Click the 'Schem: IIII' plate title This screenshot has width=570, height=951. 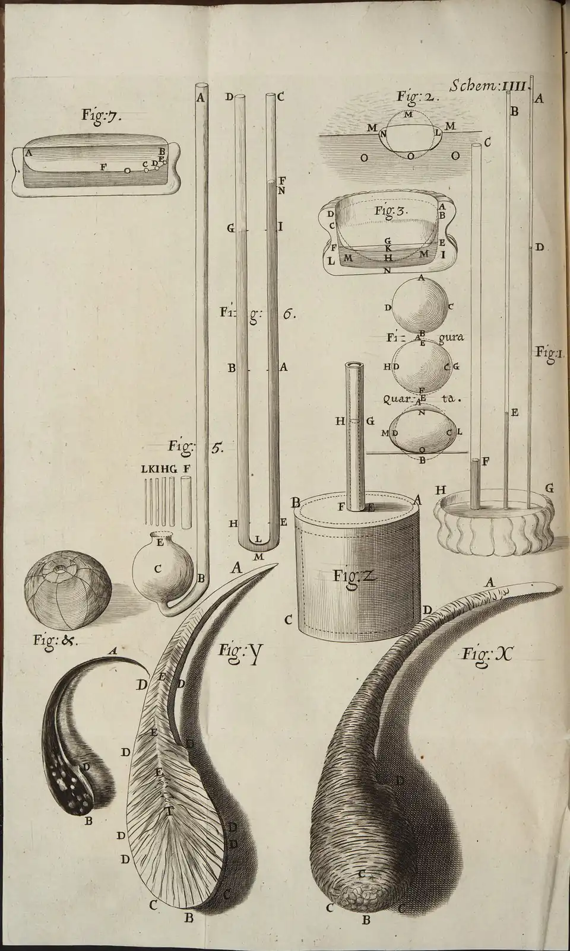tap(488, 86)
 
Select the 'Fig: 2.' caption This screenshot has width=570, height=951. tap(418, 97)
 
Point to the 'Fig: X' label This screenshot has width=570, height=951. tap(486, 654)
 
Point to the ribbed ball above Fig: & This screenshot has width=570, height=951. tap(67, 596)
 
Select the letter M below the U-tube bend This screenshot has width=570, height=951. tap(258, 557)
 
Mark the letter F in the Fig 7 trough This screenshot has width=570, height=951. tap(103, 167)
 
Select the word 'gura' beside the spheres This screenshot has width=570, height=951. tap(451, 337)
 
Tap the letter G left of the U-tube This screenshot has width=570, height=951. tap(229, 228)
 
